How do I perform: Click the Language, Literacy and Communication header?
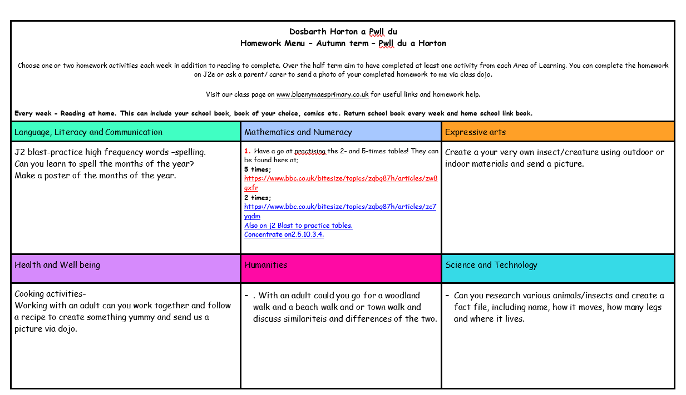pyautogui.click(x=88, y=132)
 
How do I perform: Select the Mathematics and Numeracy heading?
pyautogui.click(x=298, y=132)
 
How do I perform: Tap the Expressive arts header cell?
pyautogui.click(x=475, y=132)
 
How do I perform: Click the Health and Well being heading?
pyautogui.click(x=57, y=265)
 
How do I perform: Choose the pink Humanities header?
pyautogui.click(x=266, y=265)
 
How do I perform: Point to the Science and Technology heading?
pyautogui.click(x=491, y=265)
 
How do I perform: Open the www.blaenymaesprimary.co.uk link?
pyautogui.click(x=322, y=94)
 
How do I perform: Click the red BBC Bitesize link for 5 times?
pyautogui.click(x=340, y=179)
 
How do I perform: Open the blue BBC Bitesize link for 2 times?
pyautogui.click(x=340, y=207)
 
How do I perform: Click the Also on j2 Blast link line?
pyautogui.click(x=298, y=226)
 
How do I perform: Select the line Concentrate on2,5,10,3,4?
pyautogui.click(x=284, y=234)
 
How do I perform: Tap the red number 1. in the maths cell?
pyautogui.click(x=248, y=151)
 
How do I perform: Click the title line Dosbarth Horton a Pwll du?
pyautogui.click(x=343, y=32)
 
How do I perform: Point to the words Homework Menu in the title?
pyautogui.click(x=273, y=43)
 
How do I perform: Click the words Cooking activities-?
pyautogui.click(x=50, y=294)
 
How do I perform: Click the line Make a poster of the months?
pyautogui.click(x=95, y=176)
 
